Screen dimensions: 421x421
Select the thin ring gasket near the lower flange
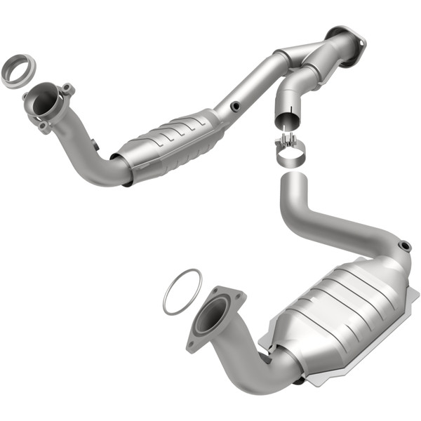pyautogui.click(x=182, y=291)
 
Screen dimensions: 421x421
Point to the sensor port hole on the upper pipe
pyautogui.click(x=234, y=107)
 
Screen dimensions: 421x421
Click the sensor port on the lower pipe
pyautogui.click(x=403, y=245)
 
